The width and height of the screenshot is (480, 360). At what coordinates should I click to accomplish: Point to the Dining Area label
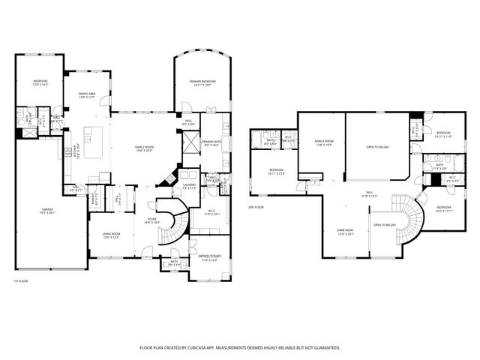(x=86, y=95)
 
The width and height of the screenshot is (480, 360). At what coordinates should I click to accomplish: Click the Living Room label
(x=112, y=235)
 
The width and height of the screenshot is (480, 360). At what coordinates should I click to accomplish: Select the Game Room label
(x=345, y=231)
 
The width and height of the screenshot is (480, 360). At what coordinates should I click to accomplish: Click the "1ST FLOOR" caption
(x=22, y=280)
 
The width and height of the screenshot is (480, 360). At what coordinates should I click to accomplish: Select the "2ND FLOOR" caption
(x=256, y=206)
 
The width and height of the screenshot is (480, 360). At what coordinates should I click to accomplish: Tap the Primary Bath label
(x=211, y=143)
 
